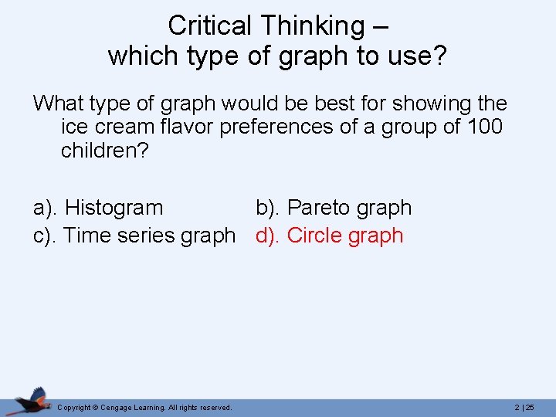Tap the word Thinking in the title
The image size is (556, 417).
[313, 25]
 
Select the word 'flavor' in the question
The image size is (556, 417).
[184, 127]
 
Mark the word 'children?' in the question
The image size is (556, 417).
[104, 150]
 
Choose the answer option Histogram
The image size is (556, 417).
[114, 208]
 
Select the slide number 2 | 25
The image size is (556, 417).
[524, 407]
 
